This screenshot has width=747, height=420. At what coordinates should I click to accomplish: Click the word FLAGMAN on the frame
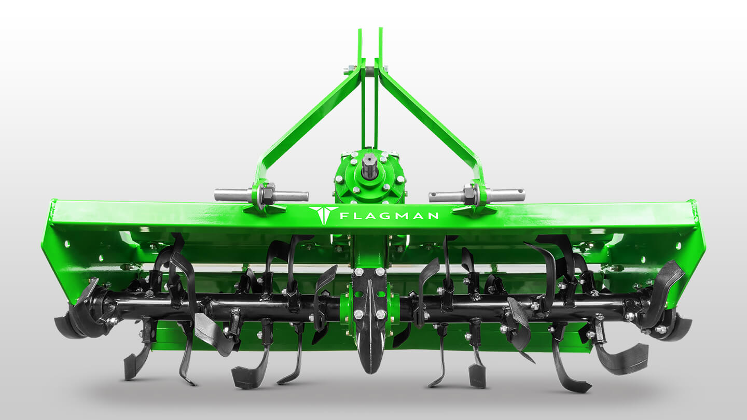[x=389, y=216]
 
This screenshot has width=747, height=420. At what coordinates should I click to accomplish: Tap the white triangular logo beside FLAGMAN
[x=323, y=215]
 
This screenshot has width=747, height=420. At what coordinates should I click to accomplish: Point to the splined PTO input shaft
[x=370, y=167]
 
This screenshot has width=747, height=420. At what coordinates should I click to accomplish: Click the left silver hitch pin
[x=261, y=194]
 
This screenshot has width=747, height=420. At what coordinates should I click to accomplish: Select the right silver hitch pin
[x=477, y=195]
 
